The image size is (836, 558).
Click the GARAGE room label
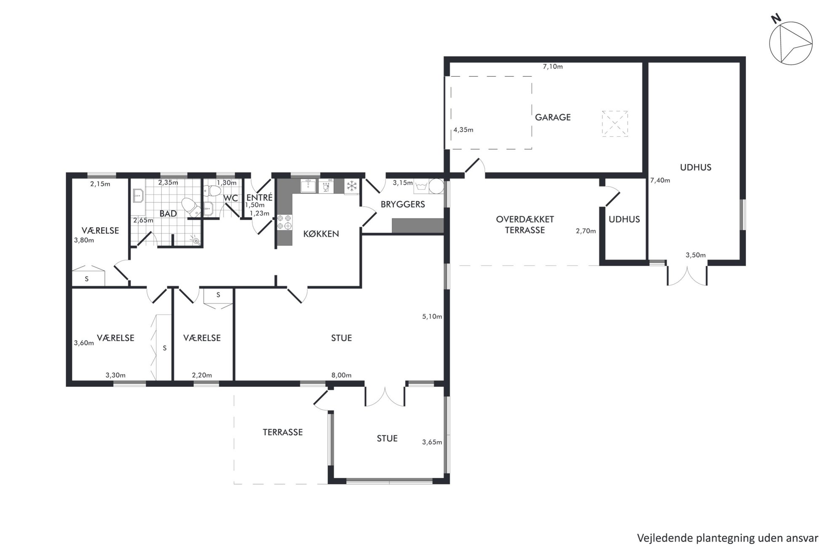552,117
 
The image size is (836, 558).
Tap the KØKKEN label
321,234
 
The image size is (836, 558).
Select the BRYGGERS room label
403,205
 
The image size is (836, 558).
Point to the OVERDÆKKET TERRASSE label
525,225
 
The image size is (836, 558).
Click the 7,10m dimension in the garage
553,67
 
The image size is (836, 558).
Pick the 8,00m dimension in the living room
341,375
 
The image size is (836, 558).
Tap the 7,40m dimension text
660,181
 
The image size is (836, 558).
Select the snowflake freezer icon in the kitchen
351,186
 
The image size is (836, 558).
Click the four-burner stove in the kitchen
284,222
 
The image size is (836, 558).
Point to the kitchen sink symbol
308,186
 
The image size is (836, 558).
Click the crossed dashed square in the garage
615,124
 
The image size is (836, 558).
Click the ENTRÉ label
260,197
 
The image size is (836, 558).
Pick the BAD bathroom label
168,214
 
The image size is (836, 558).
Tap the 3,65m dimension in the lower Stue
432,442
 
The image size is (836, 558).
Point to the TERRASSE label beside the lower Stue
283,432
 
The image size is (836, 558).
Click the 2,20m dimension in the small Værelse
202,375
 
